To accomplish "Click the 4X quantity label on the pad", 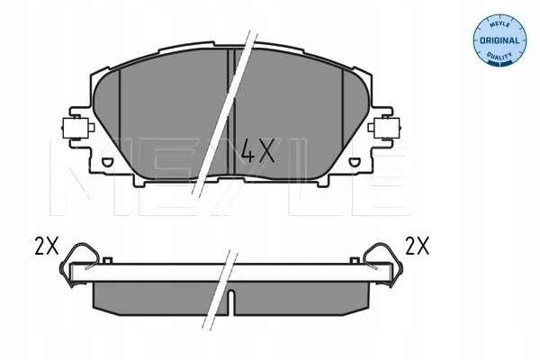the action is pos(258,151).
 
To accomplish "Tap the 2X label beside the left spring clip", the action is pos(47,247).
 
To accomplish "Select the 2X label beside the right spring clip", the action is pos(418,246).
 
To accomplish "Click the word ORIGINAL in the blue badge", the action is pos(499,40).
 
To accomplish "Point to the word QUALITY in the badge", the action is pos(499,56).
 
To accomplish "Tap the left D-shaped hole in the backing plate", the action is pos(107,161).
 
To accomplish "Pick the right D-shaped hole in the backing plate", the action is pos(354,162).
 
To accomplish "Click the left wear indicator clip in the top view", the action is pos(77,128).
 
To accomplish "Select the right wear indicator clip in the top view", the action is pos(383,128).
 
